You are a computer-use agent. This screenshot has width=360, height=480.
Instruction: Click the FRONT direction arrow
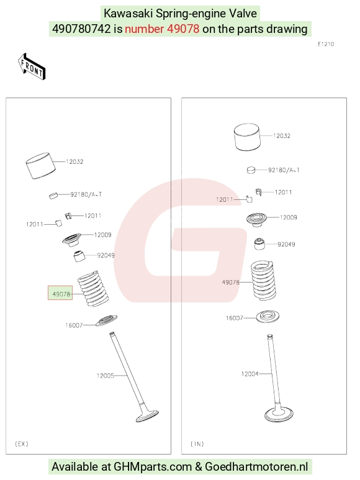32,67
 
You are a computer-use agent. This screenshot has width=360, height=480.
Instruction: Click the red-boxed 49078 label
60,293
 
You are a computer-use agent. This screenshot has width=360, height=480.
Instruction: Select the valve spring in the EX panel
93,289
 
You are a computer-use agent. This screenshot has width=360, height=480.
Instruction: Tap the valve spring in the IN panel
263,281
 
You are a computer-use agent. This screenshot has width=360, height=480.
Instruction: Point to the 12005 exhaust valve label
106,376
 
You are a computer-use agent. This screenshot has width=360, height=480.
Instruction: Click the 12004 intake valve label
250,374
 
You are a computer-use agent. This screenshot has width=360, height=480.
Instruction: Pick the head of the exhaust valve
147,415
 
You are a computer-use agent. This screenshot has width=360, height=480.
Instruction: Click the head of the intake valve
279,415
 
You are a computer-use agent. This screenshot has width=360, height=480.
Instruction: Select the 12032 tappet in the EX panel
41,166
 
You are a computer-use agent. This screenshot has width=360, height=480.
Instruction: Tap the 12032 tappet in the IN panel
247,137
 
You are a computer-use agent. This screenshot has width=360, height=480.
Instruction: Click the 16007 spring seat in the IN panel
268,317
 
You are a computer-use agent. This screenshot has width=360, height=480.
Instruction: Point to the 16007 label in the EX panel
74,325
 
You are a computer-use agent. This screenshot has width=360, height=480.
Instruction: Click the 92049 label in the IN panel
286,244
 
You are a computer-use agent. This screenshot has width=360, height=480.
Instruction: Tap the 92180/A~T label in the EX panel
86,194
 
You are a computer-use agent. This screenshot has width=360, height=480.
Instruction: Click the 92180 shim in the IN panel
251,170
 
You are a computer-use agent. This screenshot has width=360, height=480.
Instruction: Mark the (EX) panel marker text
21,443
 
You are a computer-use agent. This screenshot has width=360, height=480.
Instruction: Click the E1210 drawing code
326,44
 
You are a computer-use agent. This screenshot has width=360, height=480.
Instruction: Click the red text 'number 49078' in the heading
162,29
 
